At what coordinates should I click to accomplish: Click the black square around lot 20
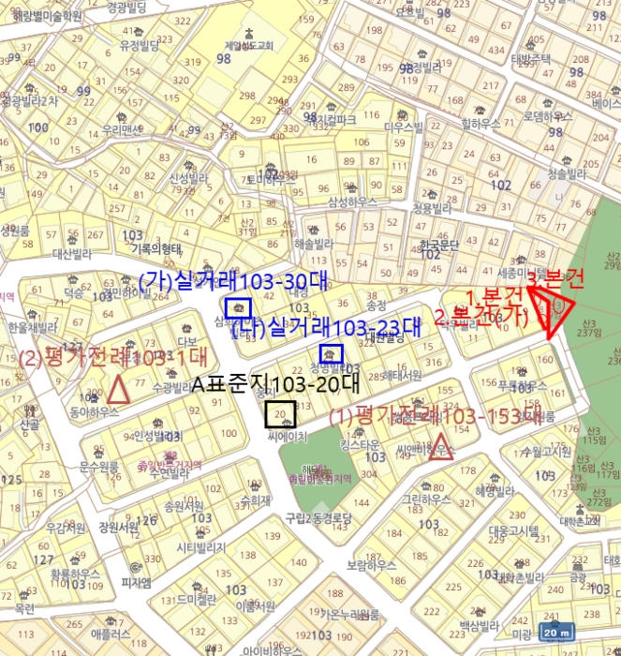point(280,413)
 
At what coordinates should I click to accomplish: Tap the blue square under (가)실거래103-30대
point(238,307)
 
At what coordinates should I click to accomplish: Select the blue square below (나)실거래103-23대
point(332,353)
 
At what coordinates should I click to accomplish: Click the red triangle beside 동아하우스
point(118,388)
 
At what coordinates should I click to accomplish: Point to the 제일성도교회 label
point(248,44)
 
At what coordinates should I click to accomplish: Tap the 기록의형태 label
point(155,248)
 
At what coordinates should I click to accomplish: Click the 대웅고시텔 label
point(514,529)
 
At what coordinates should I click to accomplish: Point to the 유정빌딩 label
point(140,44)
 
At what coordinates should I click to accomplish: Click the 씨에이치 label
point(288,437)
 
